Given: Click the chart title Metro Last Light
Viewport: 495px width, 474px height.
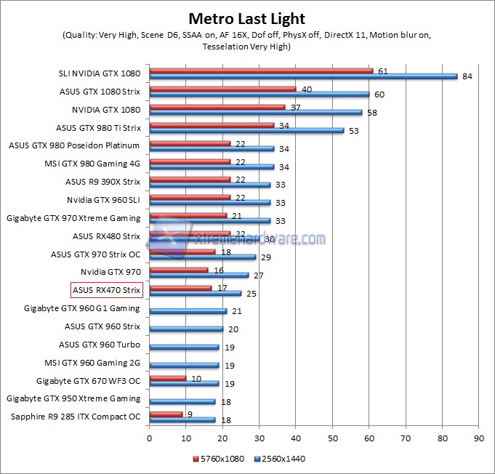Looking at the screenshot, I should (247, 18).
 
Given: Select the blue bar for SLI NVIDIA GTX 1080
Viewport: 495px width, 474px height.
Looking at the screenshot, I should (303, 76).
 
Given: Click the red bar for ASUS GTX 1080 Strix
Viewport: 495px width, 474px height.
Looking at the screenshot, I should (222, 89).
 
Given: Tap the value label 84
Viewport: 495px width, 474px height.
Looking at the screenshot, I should (467, 76).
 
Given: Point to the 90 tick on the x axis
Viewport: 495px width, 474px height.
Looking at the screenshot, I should (478, 438).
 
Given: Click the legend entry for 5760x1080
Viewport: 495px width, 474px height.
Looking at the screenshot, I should (218, 459).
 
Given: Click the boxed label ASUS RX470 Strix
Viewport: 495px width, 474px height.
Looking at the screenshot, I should (106, 290).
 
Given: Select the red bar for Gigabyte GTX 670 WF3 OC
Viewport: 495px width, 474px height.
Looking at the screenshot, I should (168, 377).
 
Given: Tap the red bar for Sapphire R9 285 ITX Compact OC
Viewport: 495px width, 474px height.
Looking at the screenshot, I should (166, 414).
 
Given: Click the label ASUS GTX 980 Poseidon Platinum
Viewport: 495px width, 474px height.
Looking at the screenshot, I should (75, 145).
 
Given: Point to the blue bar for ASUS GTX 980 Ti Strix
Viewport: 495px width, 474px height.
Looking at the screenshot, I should (246, 131).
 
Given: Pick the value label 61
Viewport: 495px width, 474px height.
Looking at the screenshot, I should (383, 71).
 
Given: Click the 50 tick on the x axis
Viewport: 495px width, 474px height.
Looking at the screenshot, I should (332, 438).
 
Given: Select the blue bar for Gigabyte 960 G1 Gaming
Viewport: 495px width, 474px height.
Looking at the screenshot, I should (188, 311).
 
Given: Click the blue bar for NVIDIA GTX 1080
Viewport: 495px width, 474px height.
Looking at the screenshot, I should (255, 113).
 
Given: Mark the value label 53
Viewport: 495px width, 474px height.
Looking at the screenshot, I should (354, 131).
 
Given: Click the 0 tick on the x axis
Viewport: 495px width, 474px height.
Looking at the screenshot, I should (150, 438).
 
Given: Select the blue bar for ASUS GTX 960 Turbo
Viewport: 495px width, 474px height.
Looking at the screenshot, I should (184, 348).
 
